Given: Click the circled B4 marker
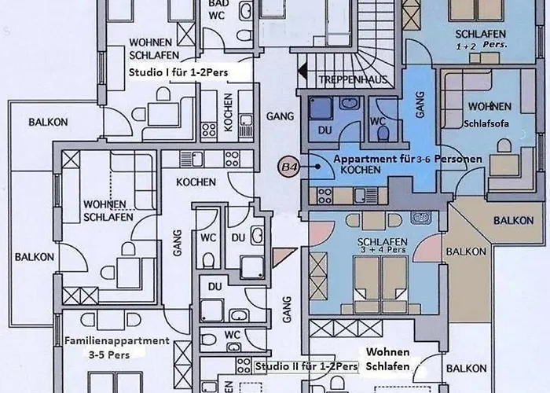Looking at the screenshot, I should [288, 167].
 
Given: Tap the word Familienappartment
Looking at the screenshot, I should [117, 342].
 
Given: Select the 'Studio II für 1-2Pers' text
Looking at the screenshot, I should [307, 366].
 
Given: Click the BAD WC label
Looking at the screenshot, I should [219, 9].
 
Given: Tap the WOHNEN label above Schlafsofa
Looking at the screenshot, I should [489, 106].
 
